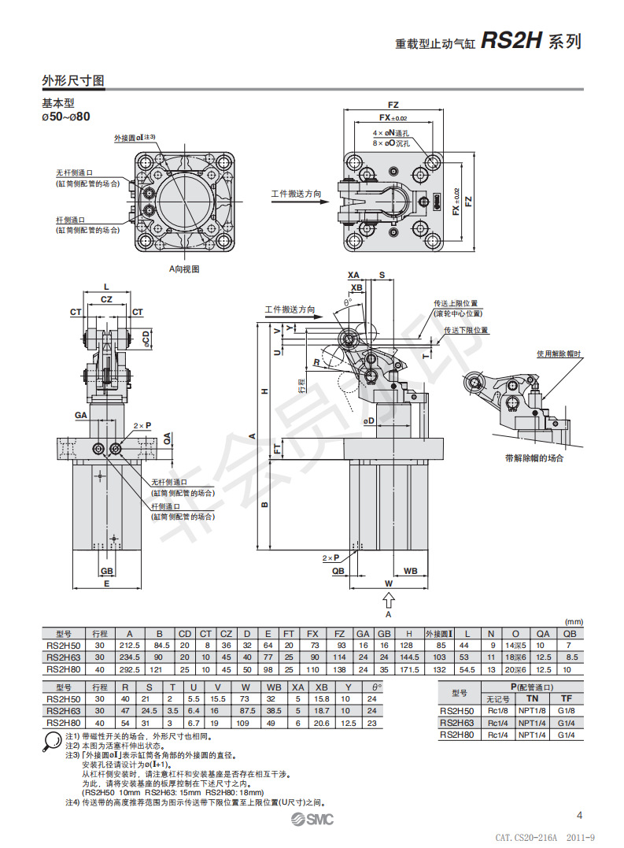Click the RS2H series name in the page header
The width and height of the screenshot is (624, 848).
[x=511, y=42]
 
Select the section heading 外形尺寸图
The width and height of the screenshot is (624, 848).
[x=73, y=81]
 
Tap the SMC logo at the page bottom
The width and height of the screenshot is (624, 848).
[x=311, y=820]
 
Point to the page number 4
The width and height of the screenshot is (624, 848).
[x=579, y=815]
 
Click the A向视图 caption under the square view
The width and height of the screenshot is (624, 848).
[x=185, y=268]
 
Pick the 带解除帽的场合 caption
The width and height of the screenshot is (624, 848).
[x=534, y=457]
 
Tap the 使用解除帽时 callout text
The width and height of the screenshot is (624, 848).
[x=559, y=354]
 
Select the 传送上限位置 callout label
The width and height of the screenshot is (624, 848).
[x=456, y=302]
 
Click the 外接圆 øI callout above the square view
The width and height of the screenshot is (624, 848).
[x=135, y=137]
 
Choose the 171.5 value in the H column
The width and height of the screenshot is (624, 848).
[x=409, y=668]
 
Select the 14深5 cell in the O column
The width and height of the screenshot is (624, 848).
[x=516, y=645]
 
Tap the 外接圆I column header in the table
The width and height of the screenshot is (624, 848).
[x=438, y=633]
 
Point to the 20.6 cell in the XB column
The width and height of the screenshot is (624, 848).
[x=321, y=722]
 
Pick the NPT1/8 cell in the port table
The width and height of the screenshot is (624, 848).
[x=533, y=710]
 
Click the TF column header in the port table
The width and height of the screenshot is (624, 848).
[x=566, y=698]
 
